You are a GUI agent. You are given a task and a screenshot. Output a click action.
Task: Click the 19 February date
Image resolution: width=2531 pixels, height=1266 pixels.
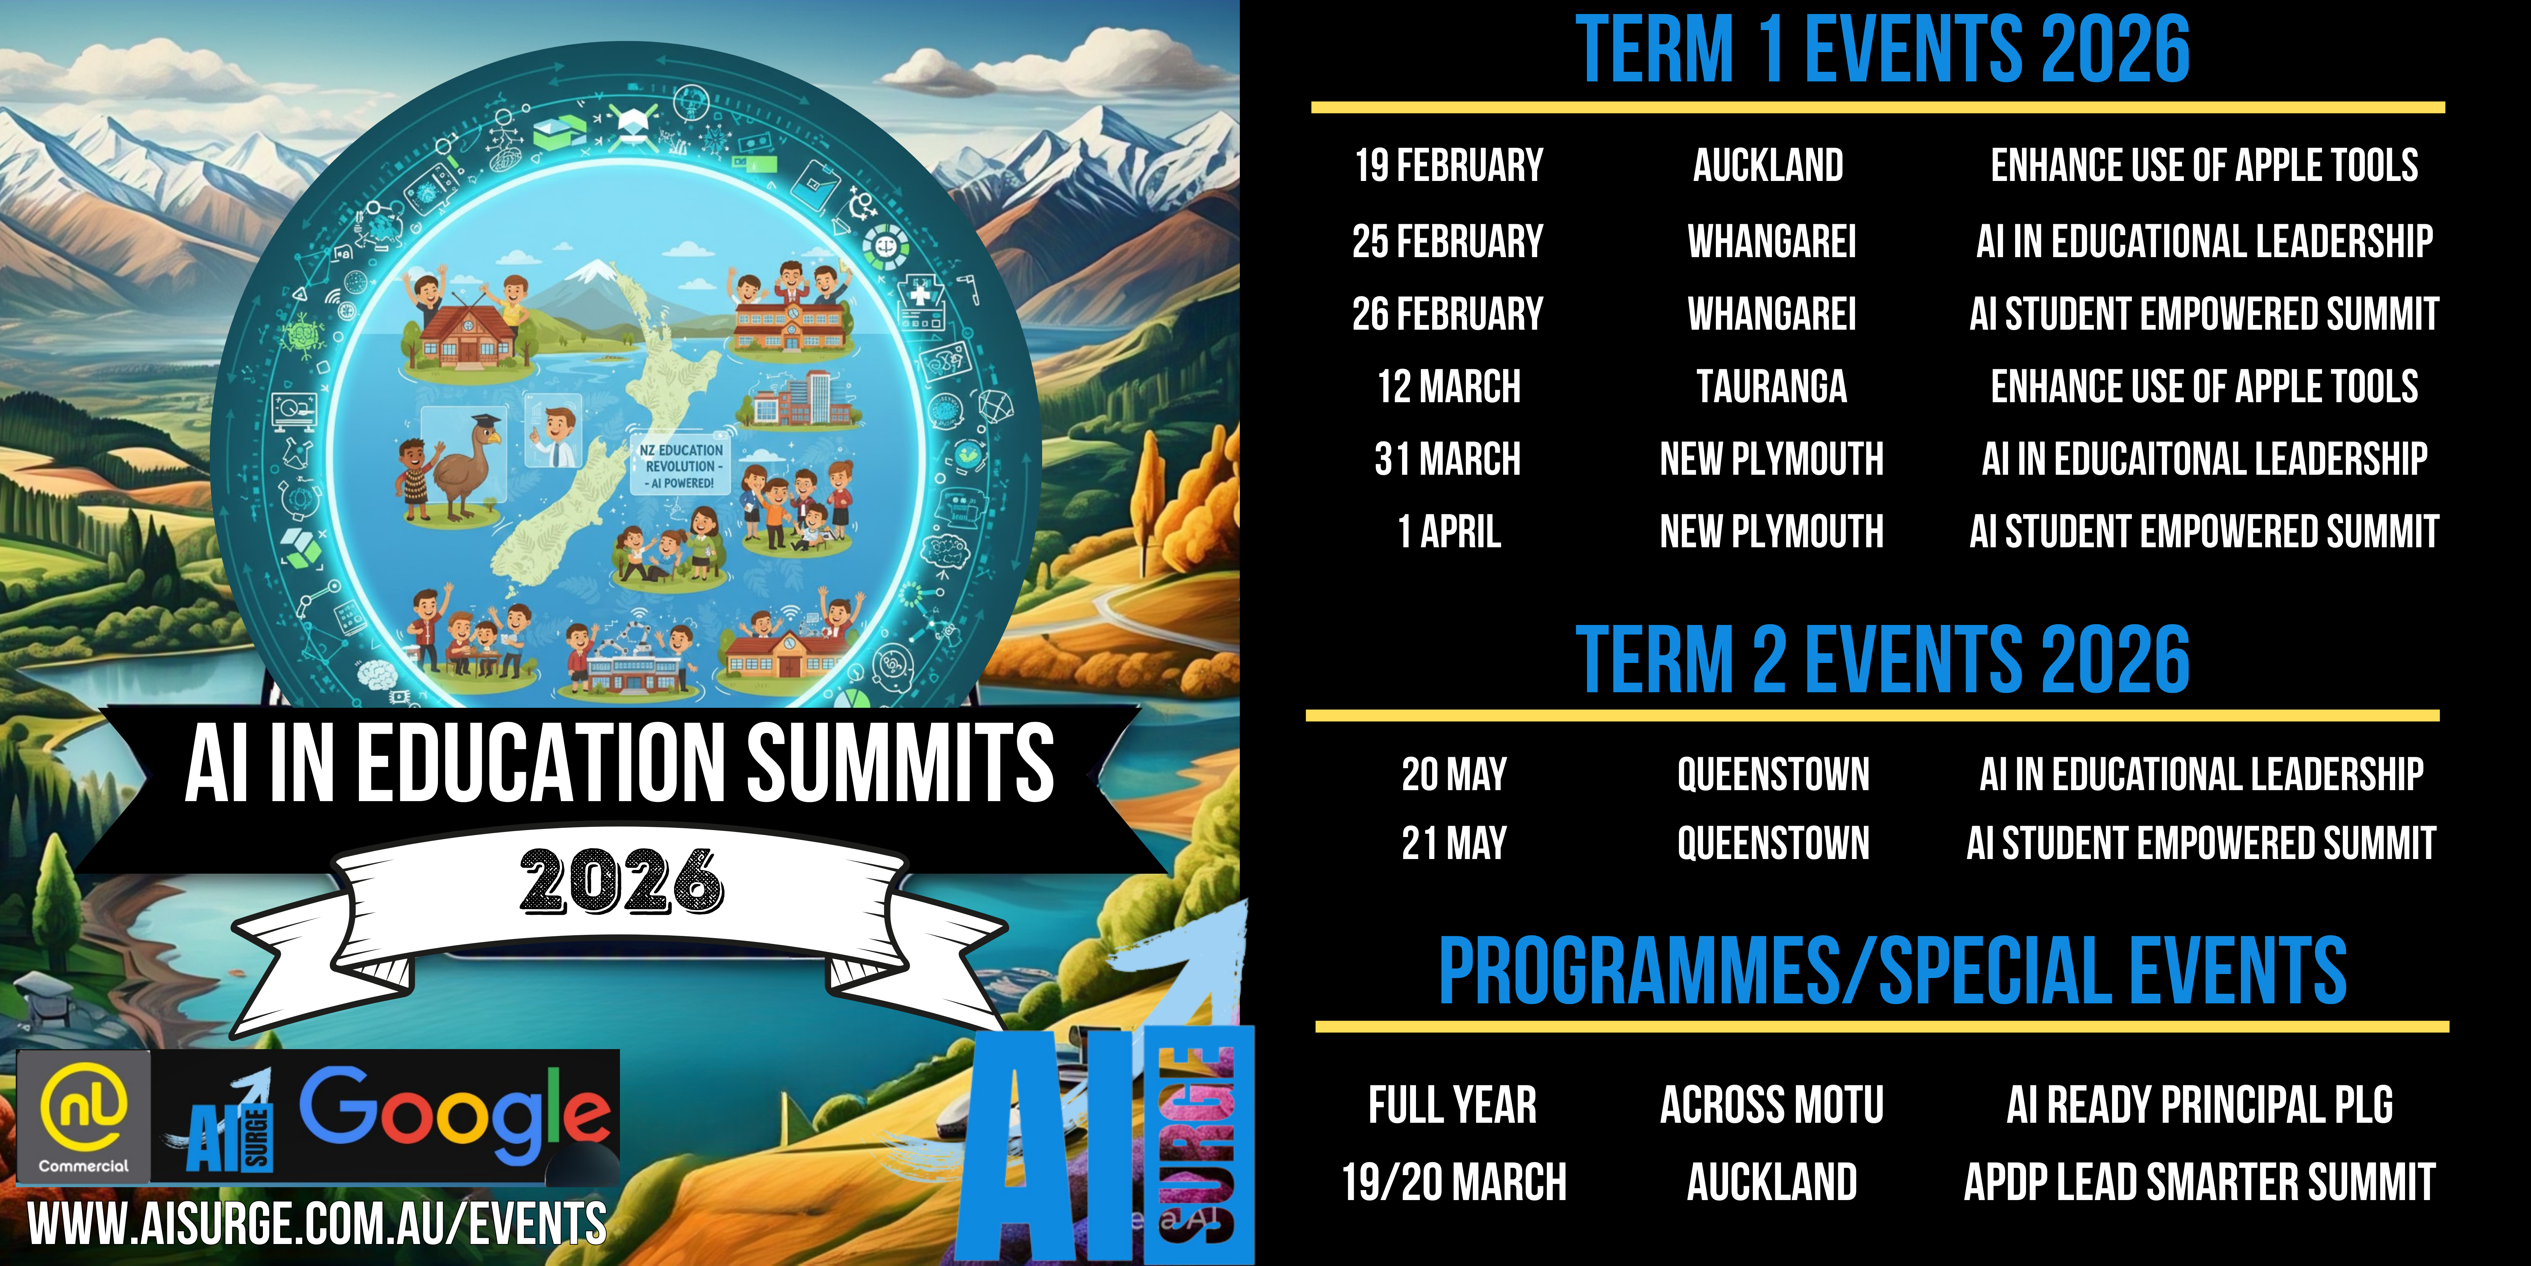click(x=1449, y=165)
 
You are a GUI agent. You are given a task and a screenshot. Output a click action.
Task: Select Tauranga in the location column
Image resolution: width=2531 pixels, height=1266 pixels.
click(x=1772, y=386)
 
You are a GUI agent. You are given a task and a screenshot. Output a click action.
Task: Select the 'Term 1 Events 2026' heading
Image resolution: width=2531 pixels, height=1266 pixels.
click(x=1883, y=49)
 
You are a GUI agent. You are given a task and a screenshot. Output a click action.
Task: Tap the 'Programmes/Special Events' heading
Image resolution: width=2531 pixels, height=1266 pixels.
click(x=1892, y=971)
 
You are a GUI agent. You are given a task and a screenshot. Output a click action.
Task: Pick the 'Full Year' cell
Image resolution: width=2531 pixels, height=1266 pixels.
click(x=1452, y=1105)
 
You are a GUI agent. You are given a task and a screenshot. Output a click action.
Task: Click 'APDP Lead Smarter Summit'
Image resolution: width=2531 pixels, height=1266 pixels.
click(x=2199, y=1181)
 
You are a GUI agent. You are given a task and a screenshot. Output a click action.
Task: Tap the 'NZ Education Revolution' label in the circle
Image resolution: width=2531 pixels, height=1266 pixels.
click(x=680, y=466)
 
